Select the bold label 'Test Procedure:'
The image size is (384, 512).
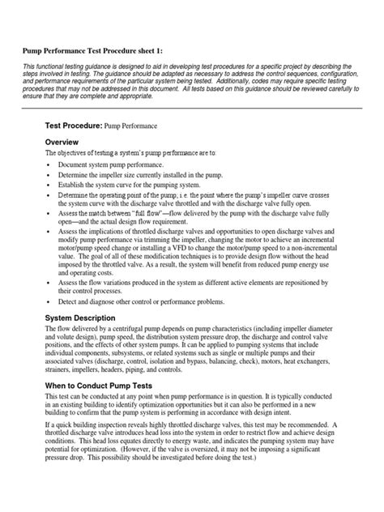(x=74, y=126)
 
